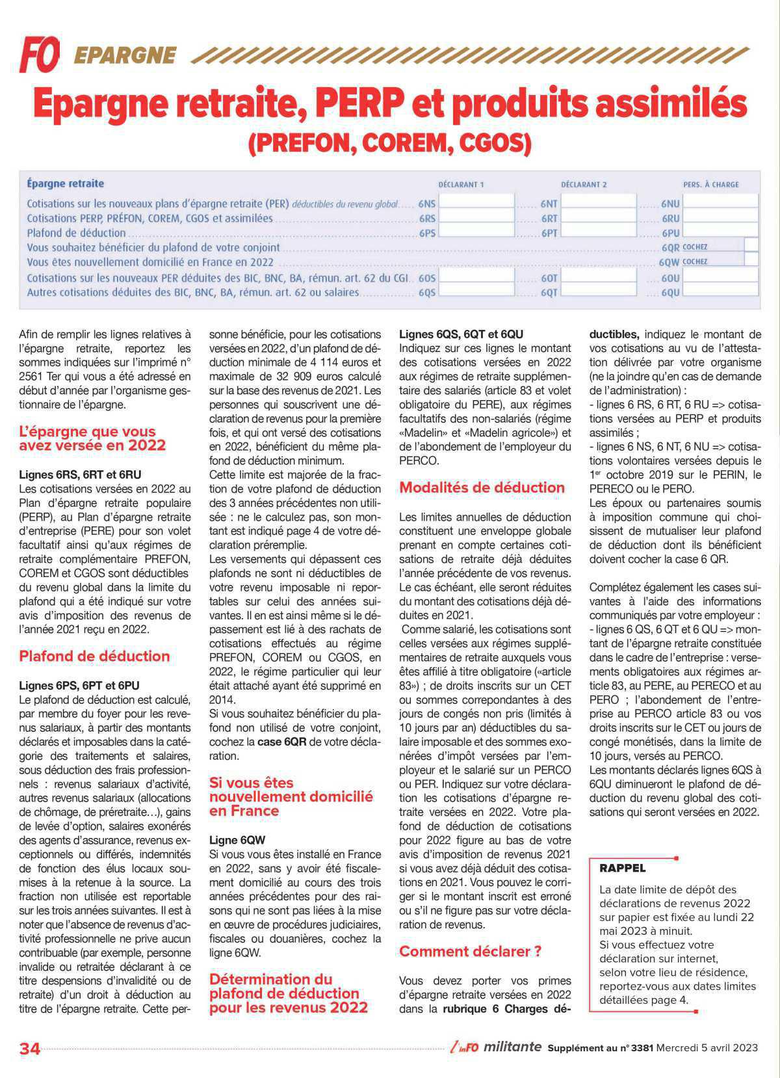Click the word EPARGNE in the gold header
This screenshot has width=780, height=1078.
pyautogui.click(x=125, y=55)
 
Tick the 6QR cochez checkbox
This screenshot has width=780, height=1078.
pyautogui.click(x=751, y=247)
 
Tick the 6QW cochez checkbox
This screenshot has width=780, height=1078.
pyautogui.click(x=751, y=262)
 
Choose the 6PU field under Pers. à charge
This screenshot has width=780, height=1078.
pyautogui.click(x=721, y=233)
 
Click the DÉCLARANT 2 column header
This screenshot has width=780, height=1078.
pyautogui.click(x=584, y=185)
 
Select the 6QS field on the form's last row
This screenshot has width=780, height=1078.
pyautogui.click(x=476, y=292)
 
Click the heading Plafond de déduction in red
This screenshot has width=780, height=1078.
pyautogui.click(x=94, y=656)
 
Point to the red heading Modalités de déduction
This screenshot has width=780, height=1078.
pyautogui.click(x=482, y=487)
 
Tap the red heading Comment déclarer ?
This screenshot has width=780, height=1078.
pyautogui.click(x=470, y=951)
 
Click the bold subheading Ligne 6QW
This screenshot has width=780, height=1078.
pyautogui.click(x=237, y=840)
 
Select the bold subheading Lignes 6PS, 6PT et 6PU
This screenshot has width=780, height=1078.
pyautogui.click(x=79, y=685)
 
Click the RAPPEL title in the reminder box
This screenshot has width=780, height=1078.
pyautogui.click(x=622, y=868)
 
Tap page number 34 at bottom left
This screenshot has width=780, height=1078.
pyautogui.click(x=30, y=1048)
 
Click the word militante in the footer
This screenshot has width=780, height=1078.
pyautogui.click(x=512, y=1047)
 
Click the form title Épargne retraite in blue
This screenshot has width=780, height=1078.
pyautogui.click(x=65, y=183)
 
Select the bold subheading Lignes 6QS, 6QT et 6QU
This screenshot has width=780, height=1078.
pyautogui.click(x=461, y=334)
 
